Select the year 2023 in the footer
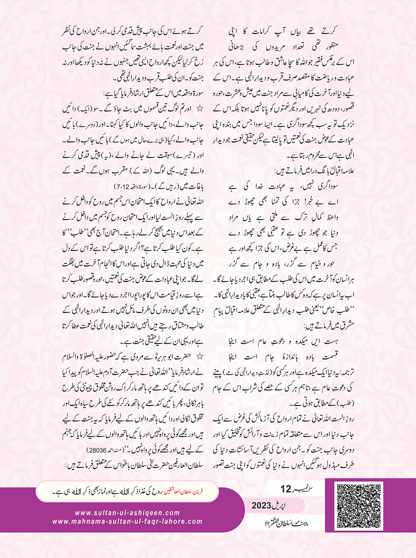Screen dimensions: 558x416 coord(261,506)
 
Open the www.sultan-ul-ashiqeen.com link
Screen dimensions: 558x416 coord(127,513)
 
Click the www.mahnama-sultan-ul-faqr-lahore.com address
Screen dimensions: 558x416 coord(127,522)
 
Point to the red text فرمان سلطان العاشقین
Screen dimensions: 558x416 coord(183,491)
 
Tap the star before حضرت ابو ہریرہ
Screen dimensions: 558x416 coord(199,356)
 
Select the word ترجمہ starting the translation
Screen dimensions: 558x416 coord(345,372)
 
